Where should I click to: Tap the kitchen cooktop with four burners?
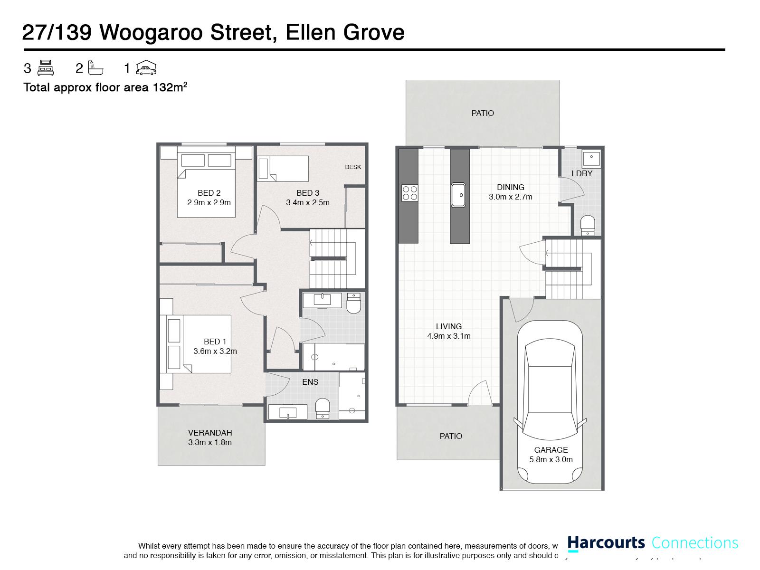(x=410, y=193)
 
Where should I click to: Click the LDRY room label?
(x=582, y=173)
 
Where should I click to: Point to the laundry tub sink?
(x=591, y=158)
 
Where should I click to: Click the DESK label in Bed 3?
(x=353, y=167)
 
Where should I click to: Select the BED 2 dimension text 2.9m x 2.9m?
(x=209, y=202)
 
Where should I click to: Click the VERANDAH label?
(x=210, y=433)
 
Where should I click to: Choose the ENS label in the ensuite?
(x=310, y=382)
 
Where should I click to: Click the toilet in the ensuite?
(x=323, y=408)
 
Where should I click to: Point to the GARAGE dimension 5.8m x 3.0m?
(x=551, y=459)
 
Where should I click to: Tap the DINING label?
(x=511, y=187)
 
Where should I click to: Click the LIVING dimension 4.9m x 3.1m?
(x=449, y=336)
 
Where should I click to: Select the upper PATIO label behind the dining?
(x=483, y=113)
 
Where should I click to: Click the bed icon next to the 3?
(x=46, y=68)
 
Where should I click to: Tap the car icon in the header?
(x=146, y=68)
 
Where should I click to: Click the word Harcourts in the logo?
(x=606, y=543)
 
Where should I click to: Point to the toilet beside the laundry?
(x=588, y=225)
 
